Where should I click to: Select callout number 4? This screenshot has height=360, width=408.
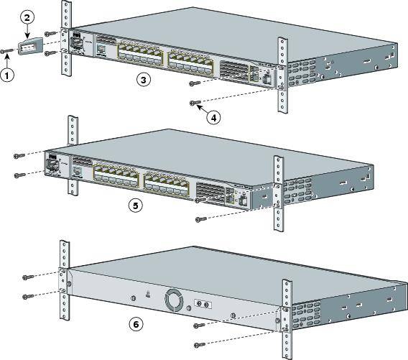pyautogui.click(x=213, y=118)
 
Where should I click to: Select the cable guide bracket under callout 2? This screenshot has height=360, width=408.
pyautogui.click(x=29, y=47)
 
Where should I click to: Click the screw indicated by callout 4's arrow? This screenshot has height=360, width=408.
pyautogui.click(x=194, y=103)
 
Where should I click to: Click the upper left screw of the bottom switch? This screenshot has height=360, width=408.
pyautogui.click(x=27, y=276)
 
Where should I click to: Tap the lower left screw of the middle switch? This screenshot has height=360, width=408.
pyautogui.click(x=20, y=175)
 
